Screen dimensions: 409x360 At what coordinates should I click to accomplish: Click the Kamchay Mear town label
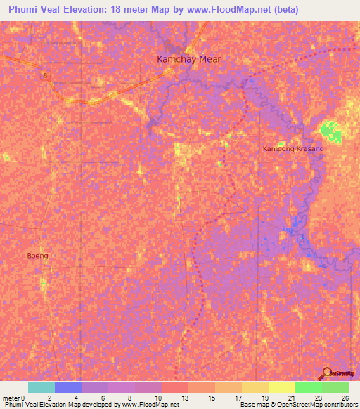(x=188, y=59)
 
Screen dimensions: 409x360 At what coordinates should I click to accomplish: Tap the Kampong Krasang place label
(x=293, y=150)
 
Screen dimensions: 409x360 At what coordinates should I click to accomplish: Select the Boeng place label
(x=37, y=256)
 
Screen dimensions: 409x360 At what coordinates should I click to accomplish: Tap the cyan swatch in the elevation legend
(x=41, y=387)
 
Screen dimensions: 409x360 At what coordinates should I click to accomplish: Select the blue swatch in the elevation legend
(x=68, y=387)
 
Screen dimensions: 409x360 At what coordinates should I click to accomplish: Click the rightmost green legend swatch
(x=335, y=387)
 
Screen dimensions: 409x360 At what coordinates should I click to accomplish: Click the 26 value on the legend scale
(x=345, y=397)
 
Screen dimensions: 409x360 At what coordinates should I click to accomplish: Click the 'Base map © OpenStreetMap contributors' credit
(x=298, y=405)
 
